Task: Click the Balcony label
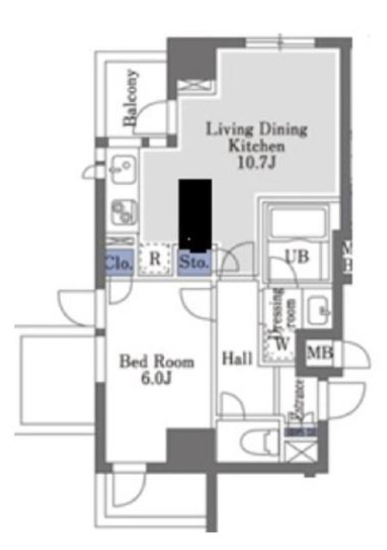(131, 97)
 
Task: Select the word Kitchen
(256, 145)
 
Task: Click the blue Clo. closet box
(119, 264)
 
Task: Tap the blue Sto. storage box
(194, 263)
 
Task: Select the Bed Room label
(156, 361)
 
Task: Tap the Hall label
(238, 359)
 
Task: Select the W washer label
(281, 344)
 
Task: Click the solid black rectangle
(195, 216)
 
